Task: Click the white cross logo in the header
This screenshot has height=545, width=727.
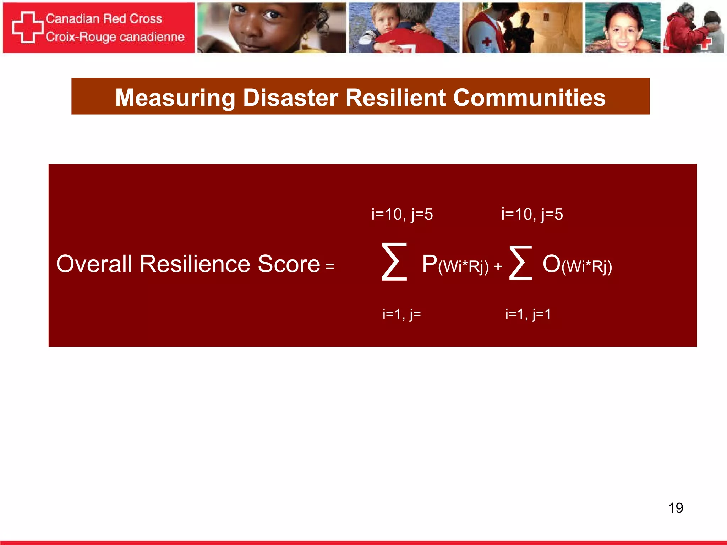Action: coord(28,27)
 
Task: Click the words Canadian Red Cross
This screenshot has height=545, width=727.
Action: coord(104,18)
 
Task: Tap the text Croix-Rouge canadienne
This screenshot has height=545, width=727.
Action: coord(115,37)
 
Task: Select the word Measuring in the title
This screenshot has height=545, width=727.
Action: coord(175,98)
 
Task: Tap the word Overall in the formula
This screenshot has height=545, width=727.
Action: coord(94,264)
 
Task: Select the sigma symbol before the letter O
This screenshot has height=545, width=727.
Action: coord(520,263)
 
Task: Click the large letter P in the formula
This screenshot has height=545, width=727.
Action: coord(430,264)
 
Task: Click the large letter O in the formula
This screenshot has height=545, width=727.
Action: coord(551,264)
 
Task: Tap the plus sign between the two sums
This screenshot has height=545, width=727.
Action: coord(498,266)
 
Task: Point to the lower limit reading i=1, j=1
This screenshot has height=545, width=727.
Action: coord(528,314)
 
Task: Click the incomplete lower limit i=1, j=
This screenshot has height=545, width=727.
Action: coord(401,314)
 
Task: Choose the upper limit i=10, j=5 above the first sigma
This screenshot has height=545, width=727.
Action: coord(402,214)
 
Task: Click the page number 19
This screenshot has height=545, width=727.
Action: coord(676,508)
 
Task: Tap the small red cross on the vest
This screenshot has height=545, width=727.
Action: coord(487,42)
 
